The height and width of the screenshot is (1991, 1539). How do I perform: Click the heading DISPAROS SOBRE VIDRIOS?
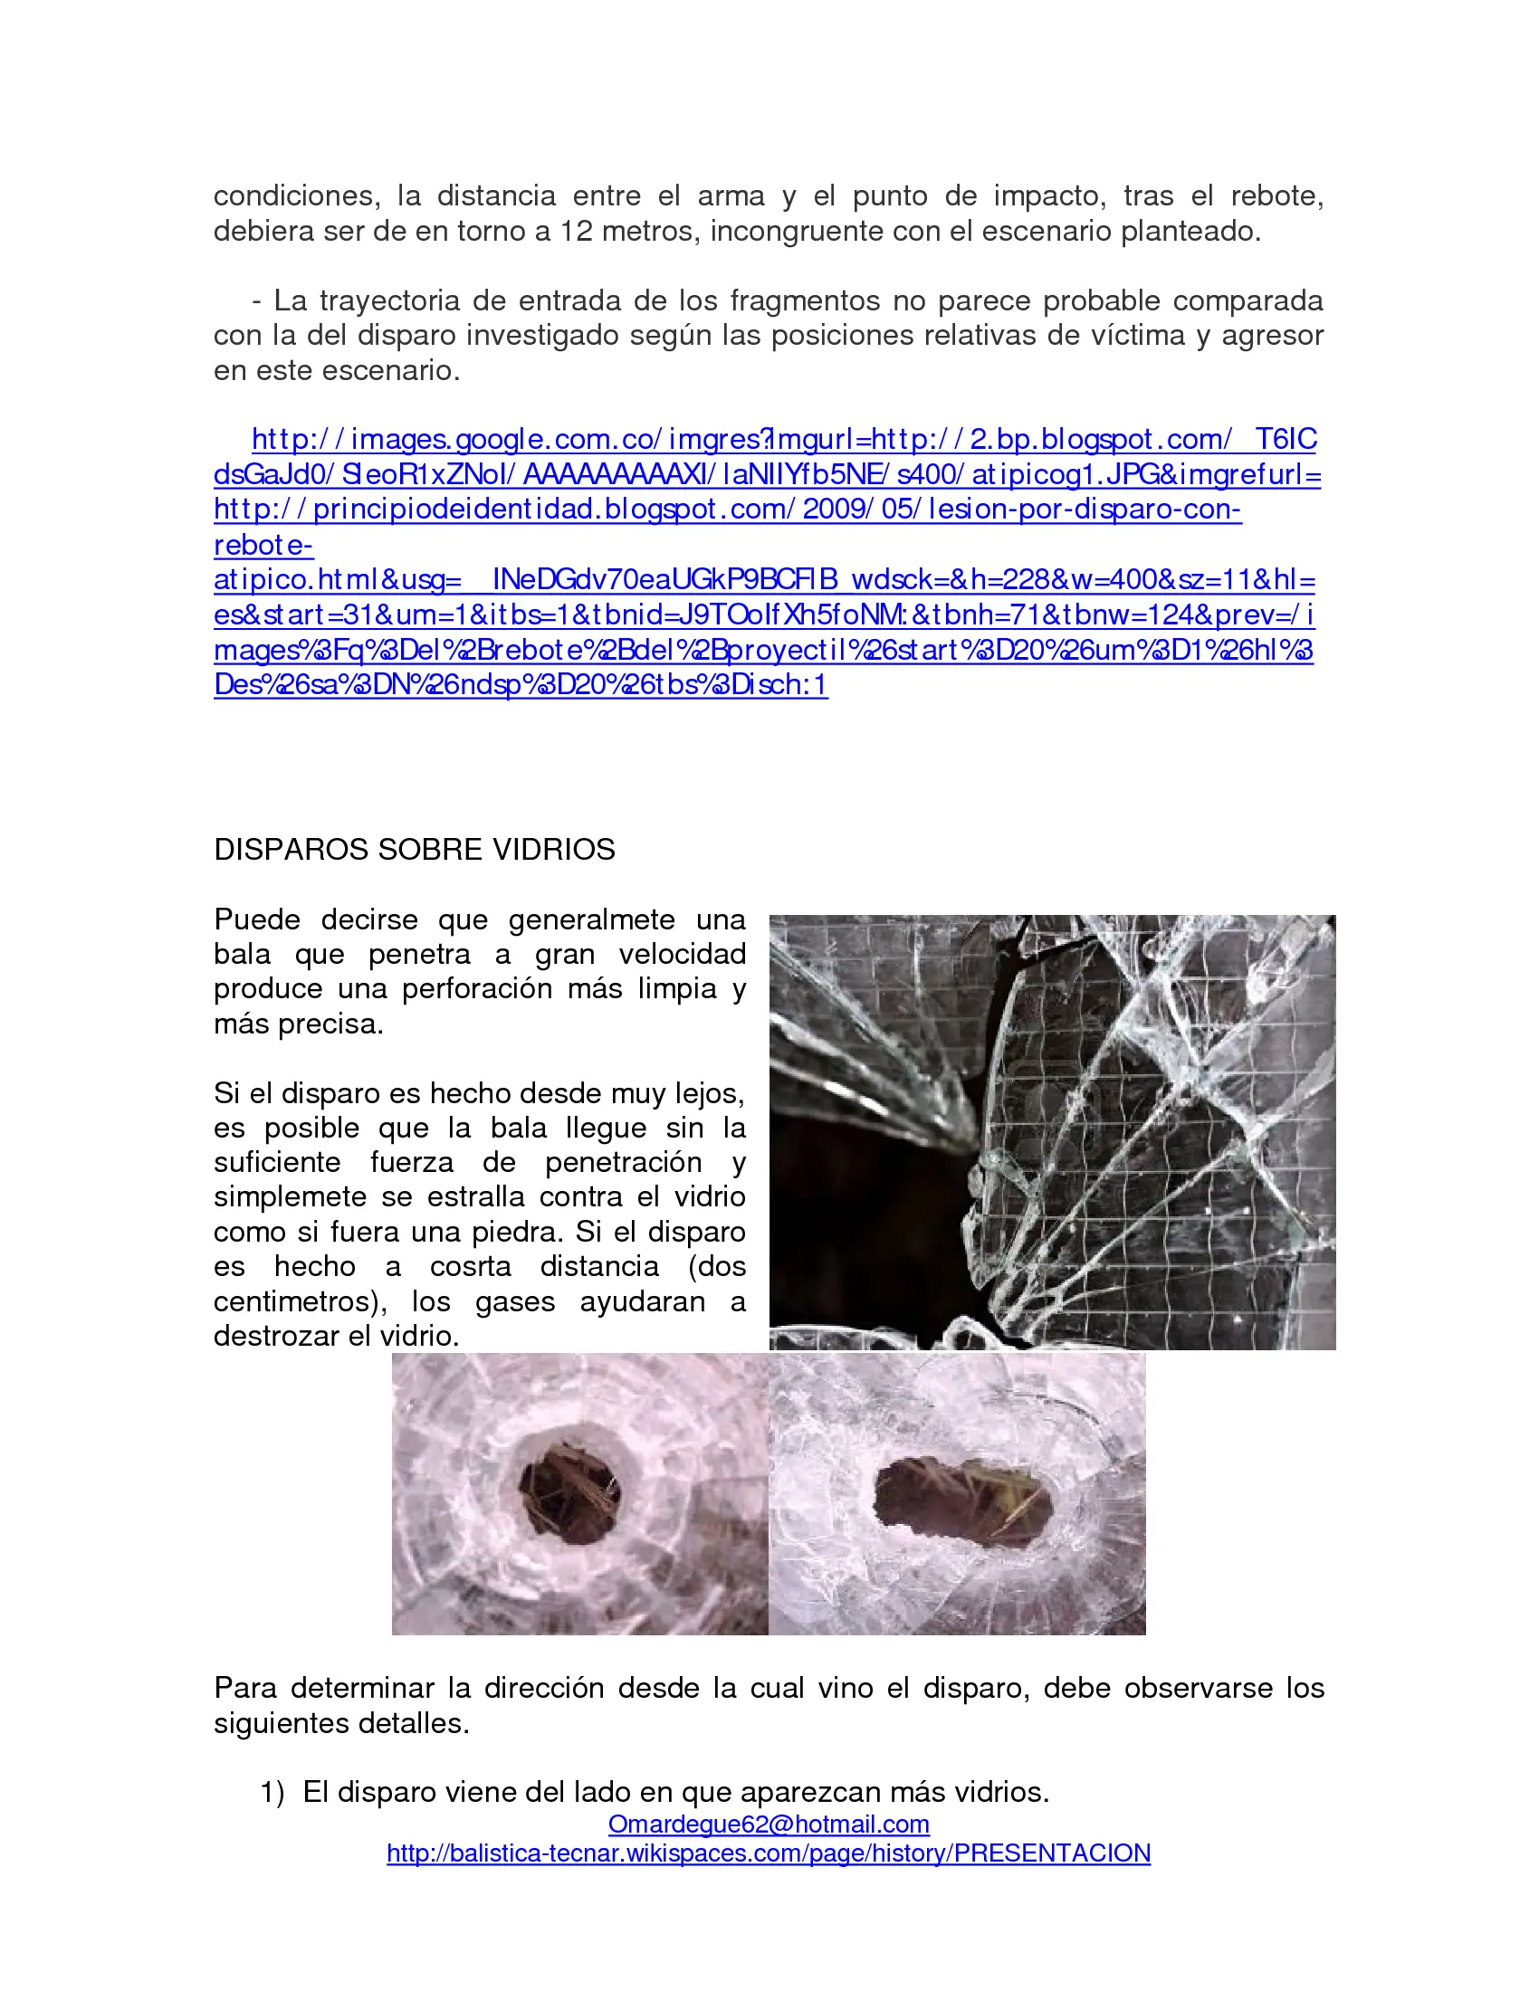coord(414,850)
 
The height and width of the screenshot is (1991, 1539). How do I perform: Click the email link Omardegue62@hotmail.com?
coord(769,1824)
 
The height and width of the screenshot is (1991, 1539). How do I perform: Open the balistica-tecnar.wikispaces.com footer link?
coord(769,1853)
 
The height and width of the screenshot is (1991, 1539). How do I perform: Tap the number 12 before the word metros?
coord(576,232)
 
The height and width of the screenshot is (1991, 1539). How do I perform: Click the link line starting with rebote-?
coord(263,546)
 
